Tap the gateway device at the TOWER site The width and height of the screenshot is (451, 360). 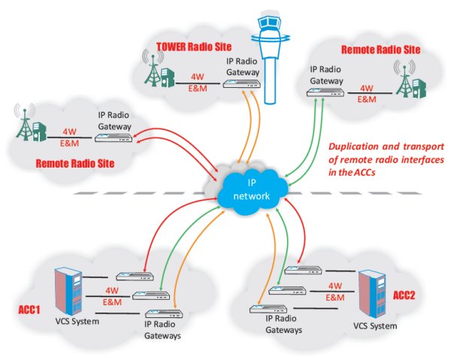point(242,86)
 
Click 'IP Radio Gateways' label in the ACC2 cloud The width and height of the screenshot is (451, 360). point(283,324)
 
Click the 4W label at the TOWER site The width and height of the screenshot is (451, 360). point(198,77)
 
